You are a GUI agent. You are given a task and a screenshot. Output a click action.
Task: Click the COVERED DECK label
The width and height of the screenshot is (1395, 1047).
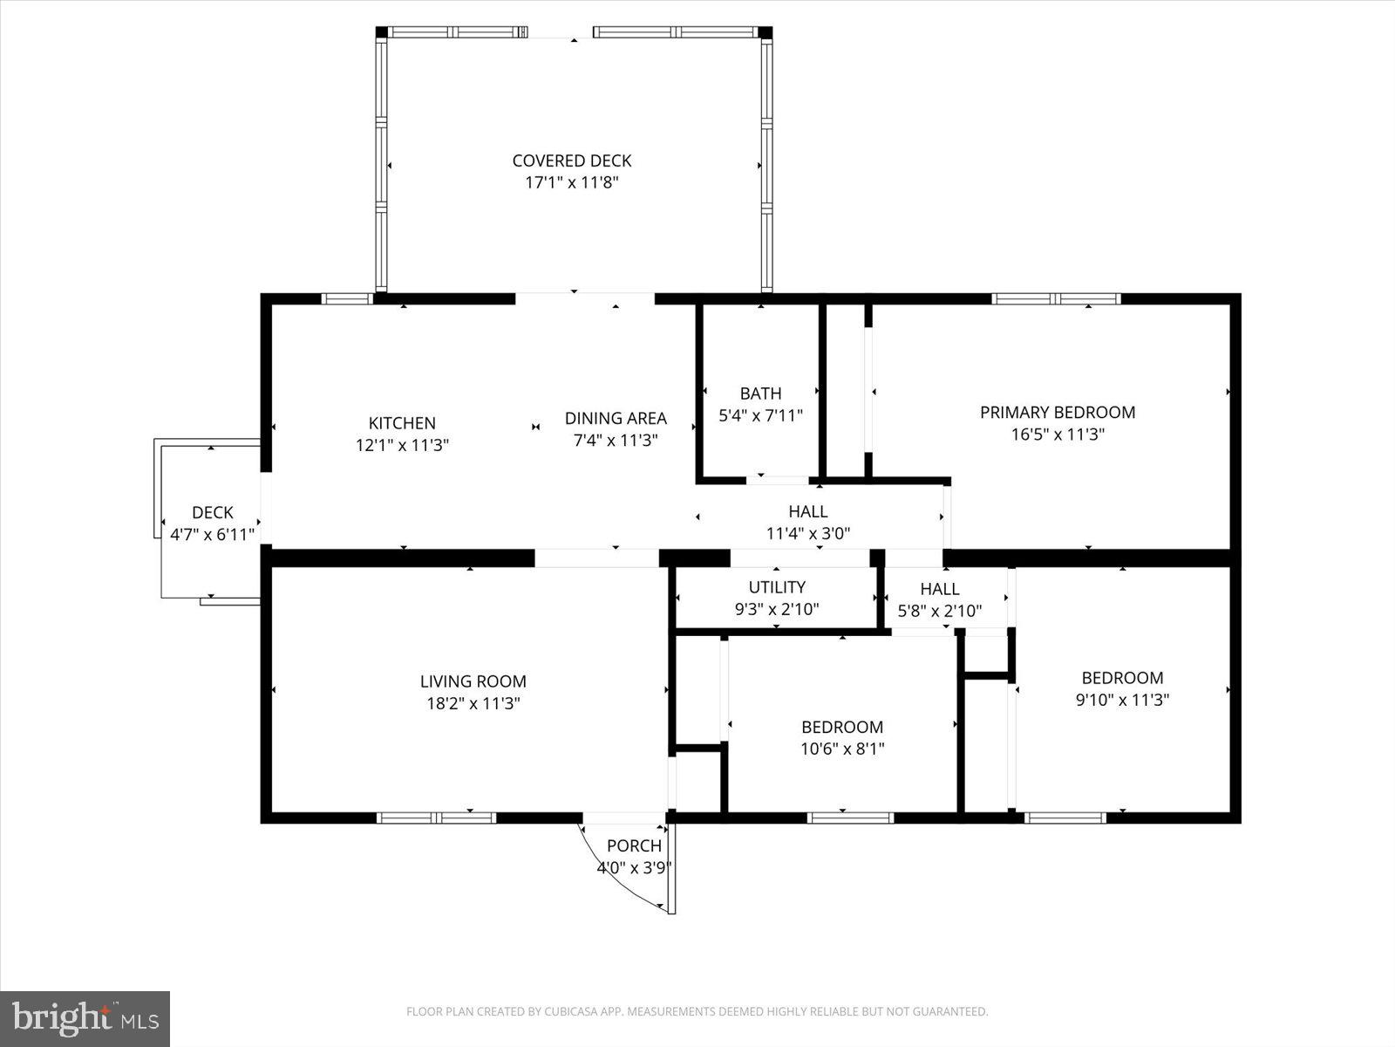point(572,161)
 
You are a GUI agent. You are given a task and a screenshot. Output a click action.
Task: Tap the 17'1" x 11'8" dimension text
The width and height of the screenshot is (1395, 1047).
point(572,182)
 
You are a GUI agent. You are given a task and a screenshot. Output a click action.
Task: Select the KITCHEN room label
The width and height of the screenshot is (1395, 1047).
point(402,423)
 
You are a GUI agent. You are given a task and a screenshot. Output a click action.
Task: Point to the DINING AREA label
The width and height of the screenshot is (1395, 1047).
point(616,418)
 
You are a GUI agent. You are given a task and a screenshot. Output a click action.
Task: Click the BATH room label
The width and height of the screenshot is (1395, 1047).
point(760,393)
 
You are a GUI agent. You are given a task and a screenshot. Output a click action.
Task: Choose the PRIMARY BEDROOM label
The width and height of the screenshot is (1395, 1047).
point(1058,412)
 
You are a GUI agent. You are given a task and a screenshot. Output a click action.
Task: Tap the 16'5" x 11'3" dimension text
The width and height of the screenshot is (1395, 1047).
point(1058,435)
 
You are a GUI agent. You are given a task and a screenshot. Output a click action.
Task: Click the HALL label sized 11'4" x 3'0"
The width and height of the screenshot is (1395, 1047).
point(808,511)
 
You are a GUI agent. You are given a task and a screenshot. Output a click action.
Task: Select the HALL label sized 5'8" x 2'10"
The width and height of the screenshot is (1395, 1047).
point(940,589)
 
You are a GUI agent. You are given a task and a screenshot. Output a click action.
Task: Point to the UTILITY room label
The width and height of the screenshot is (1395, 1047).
point(777,587)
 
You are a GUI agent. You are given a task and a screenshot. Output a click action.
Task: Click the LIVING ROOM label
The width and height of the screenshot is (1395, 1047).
point(473,681)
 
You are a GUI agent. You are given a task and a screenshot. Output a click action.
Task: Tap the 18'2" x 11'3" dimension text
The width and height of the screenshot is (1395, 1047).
point(473,703)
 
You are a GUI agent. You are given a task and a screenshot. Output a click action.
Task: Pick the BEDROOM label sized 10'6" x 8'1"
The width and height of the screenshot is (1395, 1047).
point(842,727)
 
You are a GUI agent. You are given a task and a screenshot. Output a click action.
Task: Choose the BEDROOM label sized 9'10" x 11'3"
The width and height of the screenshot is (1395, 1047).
point(1122,678)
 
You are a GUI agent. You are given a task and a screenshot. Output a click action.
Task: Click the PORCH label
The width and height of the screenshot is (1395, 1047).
point(634,845)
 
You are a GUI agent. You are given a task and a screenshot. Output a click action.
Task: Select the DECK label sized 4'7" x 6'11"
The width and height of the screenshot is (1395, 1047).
point(213,512)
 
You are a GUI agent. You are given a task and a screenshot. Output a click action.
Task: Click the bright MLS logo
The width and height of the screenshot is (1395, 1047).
point(85,1018)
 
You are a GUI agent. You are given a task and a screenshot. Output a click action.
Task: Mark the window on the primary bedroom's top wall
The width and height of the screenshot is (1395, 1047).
point(1056,299)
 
